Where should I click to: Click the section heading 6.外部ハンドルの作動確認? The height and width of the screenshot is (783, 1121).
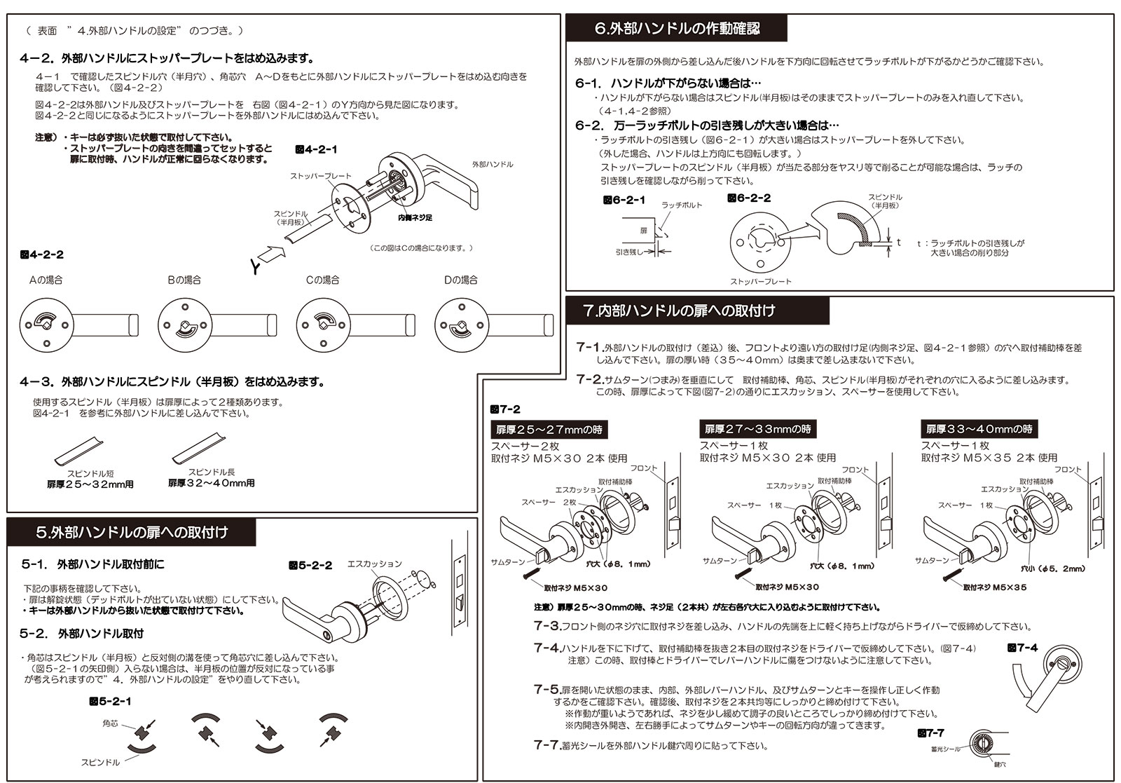pyautogui.click(x=676, y=29)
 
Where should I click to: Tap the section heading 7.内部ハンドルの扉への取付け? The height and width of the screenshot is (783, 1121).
pyautogui.click(x=679, y=311)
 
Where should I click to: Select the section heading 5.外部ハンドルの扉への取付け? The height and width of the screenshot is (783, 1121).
pyautogui.click(x=132, y=532)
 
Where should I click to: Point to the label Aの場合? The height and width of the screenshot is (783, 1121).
pyautogui.click(x=46, y=280)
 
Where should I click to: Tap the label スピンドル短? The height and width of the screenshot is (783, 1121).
pyautogui.click(x=89, y=474)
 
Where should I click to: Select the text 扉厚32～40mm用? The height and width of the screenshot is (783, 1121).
pyautogui.click(x=211, y=483)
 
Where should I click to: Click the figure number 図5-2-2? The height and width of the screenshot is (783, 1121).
pyautogui.click(x=310, y=565)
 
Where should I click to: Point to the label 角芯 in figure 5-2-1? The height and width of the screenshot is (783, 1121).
pyautogui.click(x=110, y=723)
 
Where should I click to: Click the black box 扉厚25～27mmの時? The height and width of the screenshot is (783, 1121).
pyautogui.click(x=549, y=429)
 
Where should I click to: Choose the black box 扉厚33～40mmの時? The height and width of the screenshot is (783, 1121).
pyautogui.click(x=979, y=429)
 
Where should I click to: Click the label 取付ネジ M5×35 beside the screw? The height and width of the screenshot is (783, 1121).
pyautogui.click(x=994, y=587)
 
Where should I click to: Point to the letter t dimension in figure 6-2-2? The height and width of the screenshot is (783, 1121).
pyautogui.click(x=899, y=242)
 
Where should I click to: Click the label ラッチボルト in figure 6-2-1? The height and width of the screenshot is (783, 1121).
pyautogui.click(x=682, y=205)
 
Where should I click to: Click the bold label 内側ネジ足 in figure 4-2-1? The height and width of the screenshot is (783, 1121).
pyautogui.click(x=414, y=217)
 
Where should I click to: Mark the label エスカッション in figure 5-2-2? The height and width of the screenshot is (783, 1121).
pyautogui.click(x=375, y=564)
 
